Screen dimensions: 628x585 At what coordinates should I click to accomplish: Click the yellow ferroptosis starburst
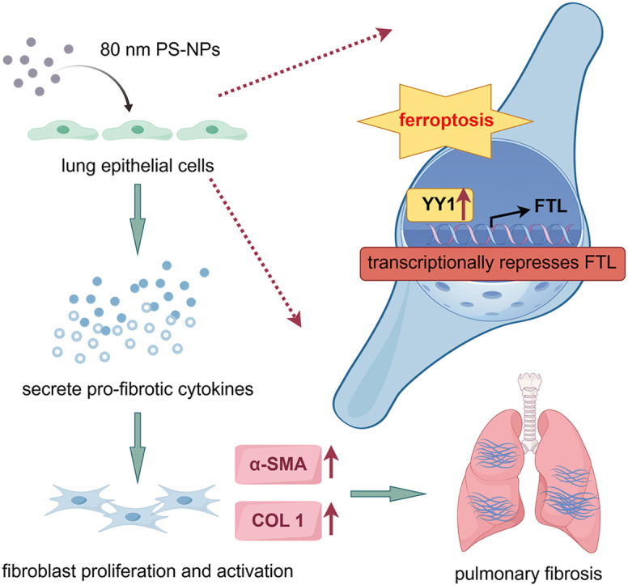445,121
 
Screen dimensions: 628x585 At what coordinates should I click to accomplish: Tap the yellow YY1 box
439,205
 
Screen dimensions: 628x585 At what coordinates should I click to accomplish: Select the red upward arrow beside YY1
464,204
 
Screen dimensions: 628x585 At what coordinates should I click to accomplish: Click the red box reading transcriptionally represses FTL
493,264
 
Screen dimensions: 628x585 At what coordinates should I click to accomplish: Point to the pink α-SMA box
278,464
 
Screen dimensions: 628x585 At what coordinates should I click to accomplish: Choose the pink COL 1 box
278,520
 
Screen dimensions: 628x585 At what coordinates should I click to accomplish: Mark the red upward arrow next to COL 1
331,519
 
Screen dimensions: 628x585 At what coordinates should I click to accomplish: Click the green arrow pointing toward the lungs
388,494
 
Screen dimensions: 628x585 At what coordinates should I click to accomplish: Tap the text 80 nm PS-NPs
160,49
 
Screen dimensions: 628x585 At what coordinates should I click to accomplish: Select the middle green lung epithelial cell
138,129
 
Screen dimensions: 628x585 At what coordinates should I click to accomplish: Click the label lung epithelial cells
138,165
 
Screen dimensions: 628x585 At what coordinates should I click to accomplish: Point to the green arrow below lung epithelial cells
138,219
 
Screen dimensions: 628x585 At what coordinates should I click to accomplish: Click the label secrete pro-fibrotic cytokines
138,389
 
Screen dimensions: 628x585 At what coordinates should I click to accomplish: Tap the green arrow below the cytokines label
138,448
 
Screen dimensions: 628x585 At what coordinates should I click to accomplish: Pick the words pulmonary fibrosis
528,574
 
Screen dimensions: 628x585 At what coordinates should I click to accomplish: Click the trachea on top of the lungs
529,413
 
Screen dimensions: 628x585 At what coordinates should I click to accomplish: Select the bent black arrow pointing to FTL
509,214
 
